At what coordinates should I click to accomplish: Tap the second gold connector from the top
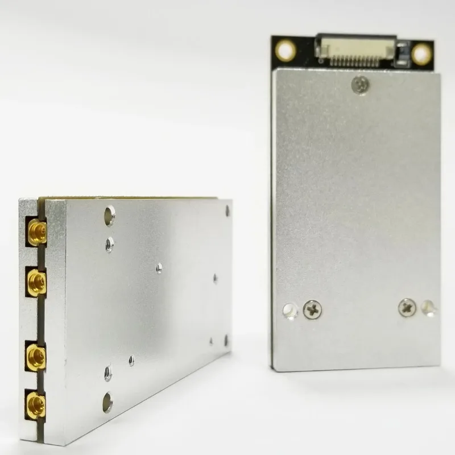point(35,280)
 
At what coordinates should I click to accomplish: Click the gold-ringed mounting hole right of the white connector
point(421,54)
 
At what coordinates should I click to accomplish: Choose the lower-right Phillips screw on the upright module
point(407,307)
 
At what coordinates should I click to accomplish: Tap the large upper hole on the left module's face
point(109,215)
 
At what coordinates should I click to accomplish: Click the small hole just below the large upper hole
point(109,244)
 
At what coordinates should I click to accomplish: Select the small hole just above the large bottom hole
point(108,373)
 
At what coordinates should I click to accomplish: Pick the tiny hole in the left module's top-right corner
point(227,210)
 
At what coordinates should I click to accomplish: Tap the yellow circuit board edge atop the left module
point(131,198)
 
